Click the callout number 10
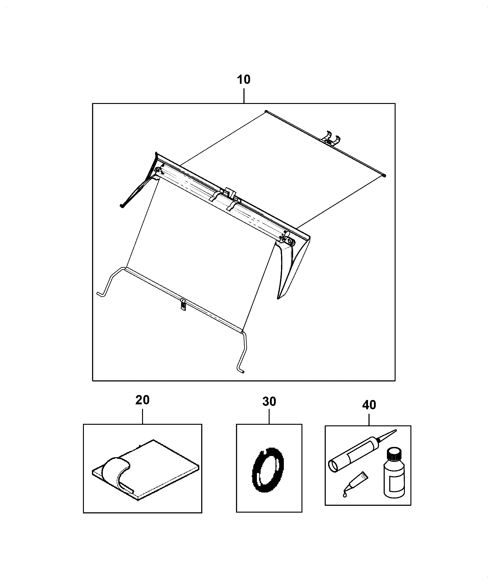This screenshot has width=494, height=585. click(x=244, y=80)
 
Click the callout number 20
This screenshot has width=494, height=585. click(x=142, y=400)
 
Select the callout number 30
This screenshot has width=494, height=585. click(x=269, y=402)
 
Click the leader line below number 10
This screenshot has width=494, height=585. click(x=244, y=95)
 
